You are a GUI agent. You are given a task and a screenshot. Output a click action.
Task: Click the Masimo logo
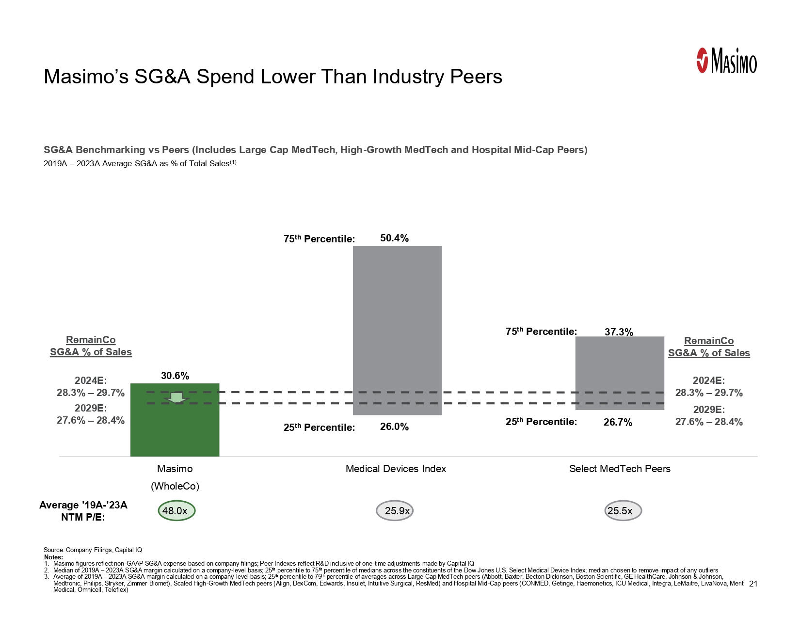pos(726,61)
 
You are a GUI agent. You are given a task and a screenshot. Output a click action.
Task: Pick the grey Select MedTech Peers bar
pos(620,368)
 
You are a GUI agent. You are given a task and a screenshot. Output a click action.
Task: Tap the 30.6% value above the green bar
pos(175,376)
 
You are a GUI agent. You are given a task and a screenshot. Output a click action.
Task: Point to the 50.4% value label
pos(394,238)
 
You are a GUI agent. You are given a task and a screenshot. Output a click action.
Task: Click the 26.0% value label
pos(394,427)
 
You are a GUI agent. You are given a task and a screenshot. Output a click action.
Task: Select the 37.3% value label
pos(619,332)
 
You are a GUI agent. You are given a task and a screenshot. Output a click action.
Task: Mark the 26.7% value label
pos(618,423)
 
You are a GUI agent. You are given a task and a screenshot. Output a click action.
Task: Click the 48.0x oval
pos(176,511)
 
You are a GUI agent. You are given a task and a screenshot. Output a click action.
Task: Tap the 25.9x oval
pos(395,511)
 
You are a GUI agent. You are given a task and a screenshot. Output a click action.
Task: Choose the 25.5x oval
pos(623,511)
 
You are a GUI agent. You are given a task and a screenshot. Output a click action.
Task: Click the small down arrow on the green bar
pos(176,398)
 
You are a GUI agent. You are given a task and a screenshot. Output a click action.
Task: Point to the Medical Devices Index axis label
pos(396,469)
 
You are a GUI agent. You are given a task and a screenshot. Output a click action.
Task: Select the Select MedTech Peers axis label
pos(620,469)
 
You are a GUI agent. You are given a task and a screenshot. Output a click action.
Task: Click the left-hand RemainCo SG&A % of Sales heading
pos(91,346)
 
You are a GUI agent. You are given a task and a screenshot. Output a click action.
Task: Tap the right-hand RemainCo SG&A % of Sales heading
pos(709,347)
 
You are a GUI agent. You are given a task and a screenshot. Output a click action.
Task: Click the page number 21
pos(753,584)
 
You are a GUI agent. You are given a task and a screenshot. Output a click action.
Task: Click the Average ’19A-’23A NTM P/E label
pos(83,511)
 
